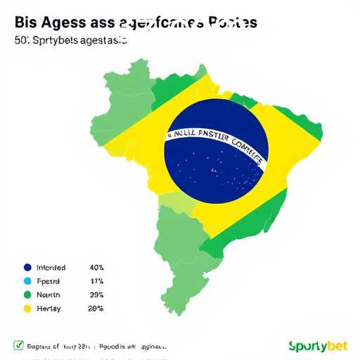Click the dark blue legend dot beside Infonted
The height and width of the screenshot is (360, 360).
[27, 267]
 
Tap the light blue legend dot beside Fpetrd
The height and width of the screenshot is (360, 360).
[27, 281]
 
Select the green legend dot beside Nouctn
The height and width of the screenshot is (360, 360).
[27, 295]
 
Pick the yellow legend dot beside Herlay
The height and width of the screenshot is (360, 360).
[27, 308]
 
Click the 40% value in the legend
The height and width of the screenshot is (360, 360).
[97, 267]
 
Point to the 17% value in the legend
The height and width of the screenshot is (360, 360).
[97, 281]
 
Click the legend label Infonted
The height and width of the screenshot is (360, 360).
[50, 267]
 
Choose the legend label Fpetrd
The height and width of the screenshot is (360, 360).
[48, 281]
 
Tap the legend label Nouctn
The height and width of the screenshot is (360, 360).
[48, 295]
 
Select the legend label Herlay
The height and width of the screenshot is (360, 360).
[48, 308]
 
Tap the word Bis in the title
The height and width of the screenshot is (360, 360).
[26, 22]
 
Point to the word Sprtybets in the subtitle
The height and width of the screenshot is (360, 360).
[56, 41]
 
